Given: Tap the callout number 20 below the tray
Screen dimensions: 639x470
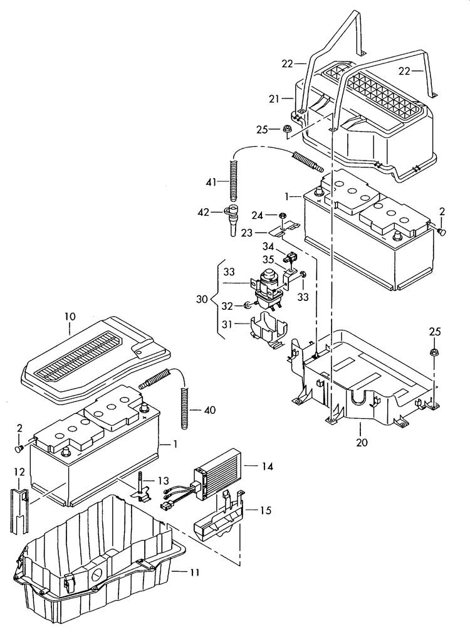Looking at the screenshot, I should coord(361,442).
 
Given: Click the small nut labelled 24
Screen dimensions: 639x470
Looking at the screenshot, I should coord(283,216).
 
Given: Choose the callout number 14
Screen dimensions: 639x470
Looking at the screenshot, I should coord(268,466).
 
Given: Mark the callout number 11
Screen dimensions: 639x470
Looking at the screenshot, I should coord(194,572).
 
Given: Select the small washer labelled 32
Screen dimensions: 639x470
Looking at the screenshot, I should coord(248,305).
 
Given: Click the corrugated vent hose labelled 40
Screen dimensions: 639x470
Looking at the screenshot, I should coord(185,408).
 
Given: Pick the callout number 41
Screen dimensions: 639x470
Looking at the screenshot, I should coord(211,182).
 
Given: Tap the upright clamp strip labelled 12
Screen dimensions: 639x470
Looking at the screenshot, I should coord(19,505).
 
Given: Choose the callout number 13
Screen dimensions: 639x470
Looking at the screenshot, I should coord(163,480).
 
